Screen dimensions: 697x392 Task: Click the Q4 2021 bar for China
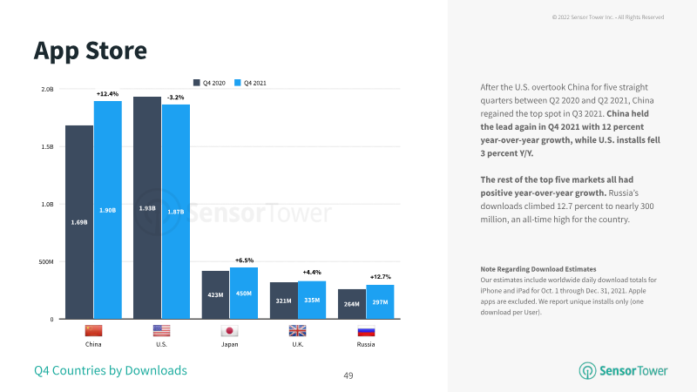point(107,210)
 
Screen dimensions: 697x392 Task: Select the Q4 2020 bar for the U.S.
point(147,207)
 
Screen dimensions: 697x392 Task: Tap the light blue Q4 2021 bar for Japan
point(244,293)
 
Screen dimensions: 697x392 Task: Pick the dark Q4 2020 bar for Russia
point(352,304)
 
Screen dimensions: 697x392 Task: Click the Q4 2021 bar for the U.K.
point(312,300)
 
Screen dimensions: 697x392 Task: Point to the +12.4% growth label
point(107,94)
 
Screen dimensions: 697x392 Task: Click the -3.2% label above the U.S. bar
point(176,98)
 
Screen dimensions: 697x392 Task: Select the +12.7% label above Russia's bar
point(381,277)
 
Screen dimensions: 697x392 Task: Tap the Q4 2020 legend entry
point(209,83)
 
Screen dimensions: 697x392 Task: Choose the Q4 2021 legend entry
point(250,83)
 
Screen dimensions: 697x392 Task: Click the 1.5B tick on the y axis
point(47,146)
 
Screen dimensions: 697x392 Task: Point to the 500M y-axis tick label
point(46,262)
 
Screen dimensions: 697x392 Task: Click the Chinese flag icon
point(93,331)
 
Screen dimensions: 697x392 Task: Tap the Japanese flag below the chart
point(229,331)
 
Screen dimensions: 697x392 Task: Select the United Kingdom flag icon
point(297,331)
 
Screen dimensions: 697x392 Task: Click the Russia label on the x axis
point(366,344)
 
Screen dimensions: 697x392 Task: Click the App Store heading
point(91,51)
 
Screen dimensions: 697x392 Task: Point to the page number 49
point(348,375)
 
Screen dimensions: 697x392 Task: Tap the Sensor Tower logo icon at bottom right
point(587,371)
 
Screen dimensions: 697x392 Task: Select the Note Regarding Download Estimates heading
point(538,269)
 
